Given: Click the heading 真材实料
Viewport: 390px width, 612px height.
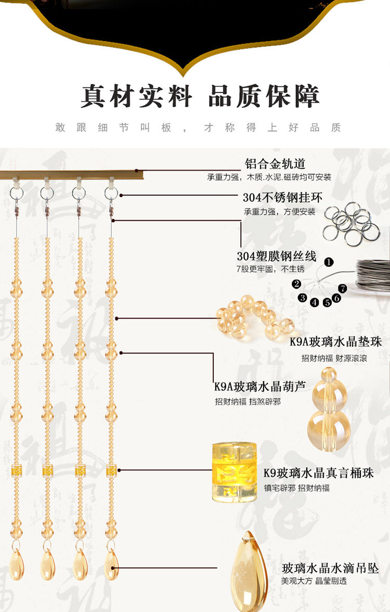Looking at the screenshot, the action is pyautogui.click(x=137, y=96).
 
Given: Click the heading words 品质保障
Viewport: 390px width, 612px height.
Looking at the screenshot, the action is pyautogui.click(x=264, y=96).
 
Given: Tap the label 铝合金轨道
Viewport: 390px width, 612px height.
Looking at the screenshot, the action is pyautogui.click(x=275, y=164).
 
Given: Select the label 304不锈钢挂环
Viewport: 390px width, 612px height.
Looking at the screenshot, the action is pyautogui.click(x=283, y=198).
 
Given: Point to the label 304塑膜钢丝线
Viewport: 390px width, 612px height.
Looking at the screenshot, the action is pyautogui.click(x=277, y=256).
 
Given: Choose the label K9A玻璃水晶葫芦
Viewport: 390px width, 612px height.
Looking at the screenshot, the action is pyautogui.click(x=260, y=386).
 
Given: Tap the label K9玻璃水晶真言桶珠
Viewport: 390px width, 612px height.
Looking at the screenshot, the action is pyautogui.click(x=319, y=473).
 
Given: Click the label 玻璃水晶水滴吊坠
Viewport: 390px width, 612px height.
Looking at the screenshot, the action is pyautogui.click(x=330, y=568).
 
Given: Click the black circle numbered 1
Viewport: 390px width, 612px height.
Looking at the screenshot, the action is pyautogui.click(x=329, y=262).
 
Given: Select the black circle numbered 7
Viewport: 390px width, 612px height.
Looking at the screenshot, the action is pyautogui.click(x=342, y=289).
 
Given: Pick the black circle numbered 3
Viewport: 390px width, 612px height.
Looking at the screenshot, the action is pyautogui.click(x=303, y=298).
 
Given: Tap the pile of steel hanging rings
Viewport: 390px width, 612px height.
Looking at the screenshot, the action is pyautogui.click(x=352, y=223).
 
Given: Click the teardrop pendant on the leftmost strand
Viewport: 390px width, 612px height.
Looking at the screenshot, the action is pyautogui.click(x=17, y=564).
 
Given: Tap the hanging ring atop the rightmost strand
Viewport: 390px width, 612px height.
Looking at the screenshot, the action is pyautogui.click(x=111, y=193).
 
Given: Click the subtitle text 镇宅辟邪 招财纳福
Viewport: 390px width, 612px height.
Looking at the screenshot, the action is pyautogui.click(x=297, y=488).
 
